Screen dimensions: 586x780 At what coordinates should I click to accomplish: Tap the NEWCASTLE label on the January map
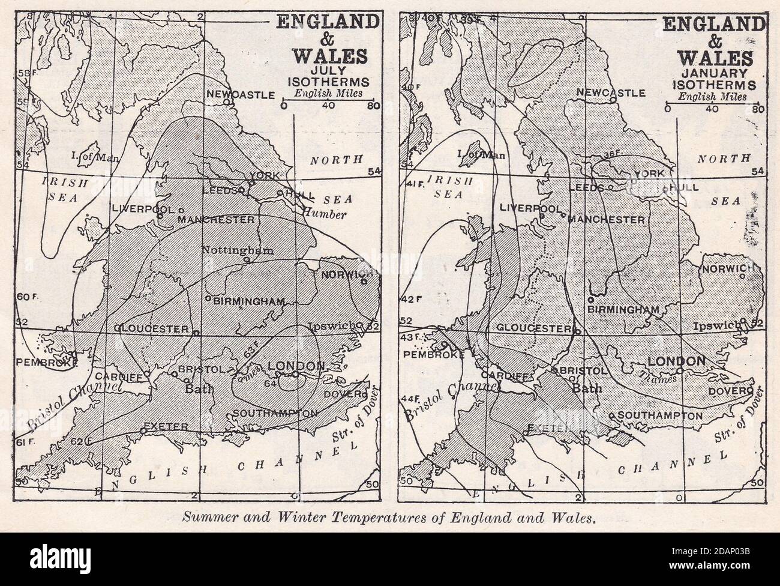point(610,92)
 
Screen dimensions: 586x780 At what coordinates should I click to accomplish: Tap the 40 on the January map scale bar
point(712,109)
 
